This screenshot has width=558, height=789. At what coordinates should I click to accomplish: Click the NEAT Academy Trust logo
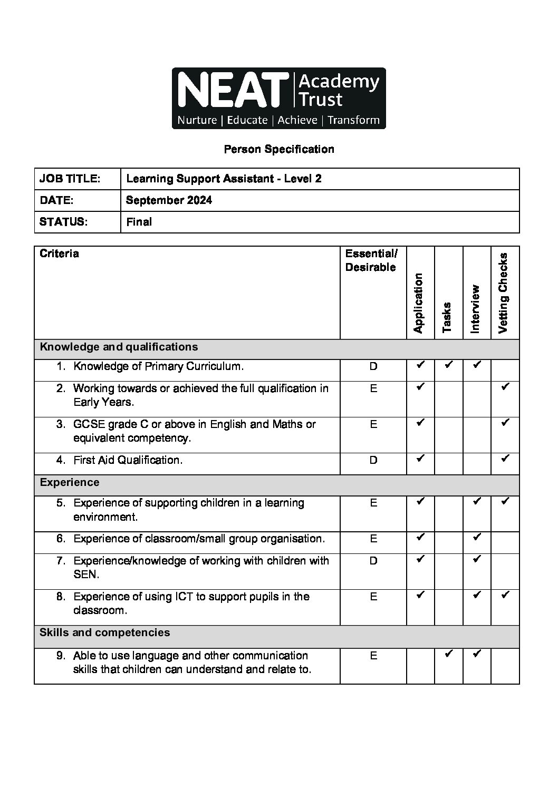click(x=278, y=98)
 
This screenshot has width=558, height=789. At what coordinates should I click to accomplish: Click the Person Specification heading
click(x=278, y=149)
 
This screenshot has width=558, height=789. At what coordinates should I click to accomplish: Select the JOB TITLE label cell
click(x=70, y=179)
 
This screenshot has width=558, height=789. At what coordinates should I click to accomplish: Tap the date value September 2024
click(x=169, y=200)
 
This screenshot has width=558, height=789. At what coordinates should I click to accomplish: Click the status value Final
click(x=139, y=222)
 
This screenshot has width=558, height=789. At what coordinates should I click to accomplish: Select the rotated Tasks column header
click(x=447, y=317)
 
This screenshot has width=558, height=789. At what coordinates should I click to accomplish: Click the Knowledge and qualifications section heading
click(x=119, y=347)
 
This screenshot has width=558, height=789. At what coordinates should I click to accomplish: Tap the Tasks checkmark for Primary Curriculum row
click(x=448, y=364)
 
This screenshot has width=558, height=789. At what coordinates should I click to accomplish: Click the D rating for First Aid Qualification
click(x=373, y=460)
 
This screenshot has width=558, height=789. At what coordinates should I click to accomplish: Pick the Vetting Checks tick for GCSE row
click(x=505, y=422)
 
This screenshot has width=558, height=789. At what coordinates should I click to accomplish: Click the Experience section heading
click(x=69, y=482)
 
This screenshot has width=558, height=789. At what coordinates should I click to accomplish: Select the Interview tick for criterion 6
click(x=477, y=537)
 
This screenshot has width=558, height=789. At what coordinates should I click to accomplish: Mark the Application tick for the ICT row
click(x=420, y=595)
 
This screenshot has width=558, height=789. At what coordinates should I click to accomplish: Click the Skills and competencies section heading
click(x=104, y=632)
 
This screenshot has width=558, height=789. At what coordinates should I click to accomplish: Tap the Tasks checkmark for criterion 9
click(x=448, y=654)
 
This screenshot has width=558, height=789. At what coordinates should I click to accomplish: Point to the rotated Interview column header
click(x=475, y=309)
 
